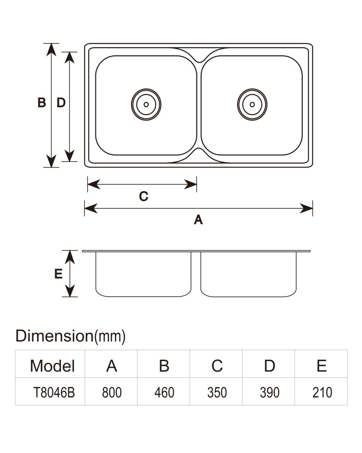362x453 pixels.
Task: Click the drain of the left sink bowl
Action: coord(146,105)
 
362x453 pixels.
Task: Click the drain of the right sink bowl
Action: coord(252,105)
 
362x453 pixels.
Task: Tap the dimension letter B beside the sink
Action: coord(42,102)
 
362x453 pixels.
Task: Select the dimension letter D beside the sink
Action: coord(61,102)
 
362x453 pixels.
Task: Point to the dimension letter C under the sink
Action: coord(143,196)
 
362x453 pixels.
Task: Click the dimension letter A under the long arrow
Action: coord(198,220)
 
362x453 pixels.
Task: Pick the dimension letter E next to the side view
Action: coord(58,274)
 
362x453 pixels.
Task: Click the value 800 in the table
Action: coord(112,392)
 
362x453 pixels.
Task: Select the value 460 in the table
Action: coord(164,392)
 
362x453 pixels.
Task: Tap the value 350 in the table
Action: coord(217,392)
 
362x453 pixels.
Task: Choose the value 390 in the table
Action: coord(270,392)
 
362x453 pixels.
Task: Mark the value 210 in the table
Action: coord(322,392)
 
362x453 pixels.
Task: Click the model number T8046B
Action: coord(54,392)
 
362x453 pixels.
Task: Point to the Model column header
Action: coord(52,366)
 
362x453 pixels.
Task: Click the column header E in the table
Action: coord(322,366)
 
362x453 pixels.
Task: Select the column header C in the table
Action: coord(217,366)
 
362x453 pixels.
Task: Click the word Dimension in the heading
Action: coord(54,336)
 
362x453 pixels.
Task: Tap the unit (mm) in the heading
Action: coord(110,337)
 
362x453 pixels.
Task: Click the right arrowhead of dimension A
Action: coord(306,208)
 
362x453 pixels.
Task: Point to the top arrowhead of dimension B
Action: coord(52,50)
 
